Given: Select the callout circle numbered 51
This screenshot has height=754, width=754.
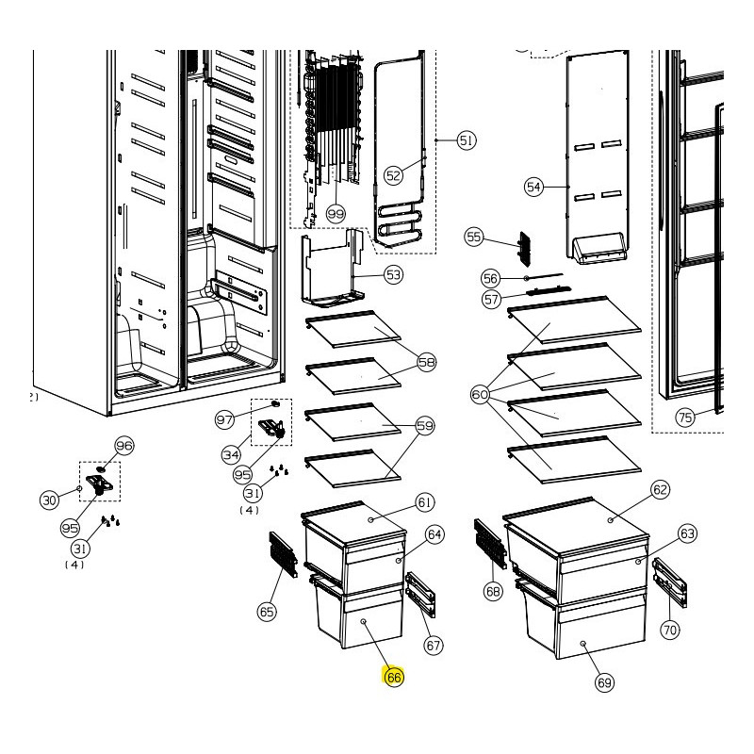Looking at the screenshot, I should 466,140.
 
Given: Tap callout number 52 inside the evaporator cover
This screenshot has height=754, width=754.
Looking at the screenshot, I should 394,173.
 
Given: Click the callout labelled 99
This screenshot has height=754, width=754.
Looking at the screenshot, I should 336,215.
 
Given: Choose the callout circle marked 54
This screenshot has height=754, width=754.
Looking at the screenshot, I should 534,188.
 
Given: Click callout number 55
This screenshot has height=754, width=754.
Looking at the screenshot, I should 473,238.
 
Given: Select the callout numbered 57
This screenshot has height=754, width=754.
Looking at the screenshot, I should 491,300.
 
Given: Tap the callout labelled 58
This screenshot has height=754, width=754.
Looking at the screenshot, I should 426,362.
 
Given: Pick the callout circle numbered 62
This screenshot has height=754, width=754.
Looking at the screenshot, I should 660,489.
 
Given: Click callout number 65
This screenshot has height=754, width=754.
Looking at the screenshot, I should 267,612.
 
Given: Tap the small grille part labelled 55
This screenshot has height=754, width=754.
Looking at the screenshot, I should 525,250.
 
